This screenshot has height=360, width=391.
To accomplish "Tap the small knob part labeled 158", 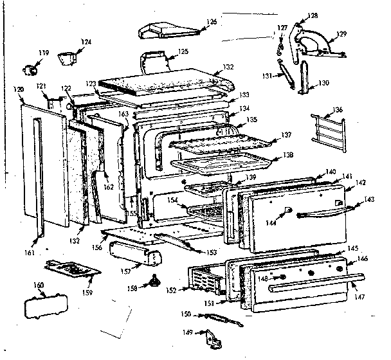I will coord(154,281).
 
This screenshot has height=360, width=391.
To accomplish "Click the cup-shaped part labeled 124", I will coord(65,59).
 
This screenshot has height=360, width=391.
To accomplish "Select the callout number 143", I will coord(370,200).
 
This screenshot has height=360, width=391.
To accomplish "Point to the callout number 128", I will coord(313,15).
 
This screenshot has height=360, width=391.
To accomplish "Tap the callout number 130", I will coord(323,83).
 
